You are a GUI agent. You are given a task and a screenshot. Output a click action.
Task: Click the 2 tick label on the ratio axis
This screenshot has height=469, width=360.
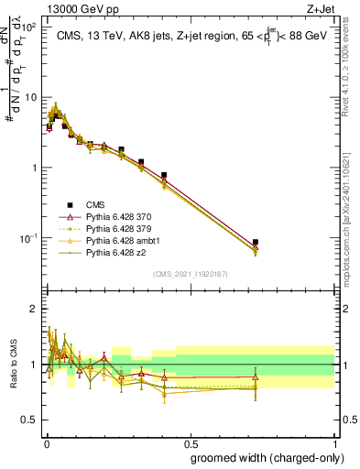(35, 309)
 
